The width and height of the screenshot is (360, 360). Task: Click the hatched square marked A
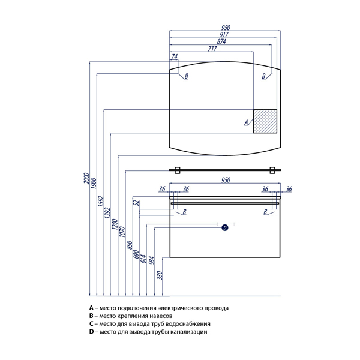[x=265, y=121]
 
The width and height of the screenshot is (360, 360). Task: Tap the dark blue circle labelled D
[x=225, y=227]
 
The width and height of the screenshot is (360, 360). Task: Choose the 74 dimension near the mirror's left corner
[x=174, y=57]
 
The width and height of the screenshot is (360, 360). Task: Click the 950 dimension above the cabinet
[x=226, y=179]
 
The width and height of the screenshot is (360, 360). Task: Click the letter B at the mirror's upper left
[x=187, y=76]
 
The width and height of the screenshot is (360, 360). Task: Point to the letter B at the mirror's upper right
[x=263, y=76]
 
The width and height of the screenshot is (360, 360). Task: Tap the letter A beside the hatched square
[x=246, y=122]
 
